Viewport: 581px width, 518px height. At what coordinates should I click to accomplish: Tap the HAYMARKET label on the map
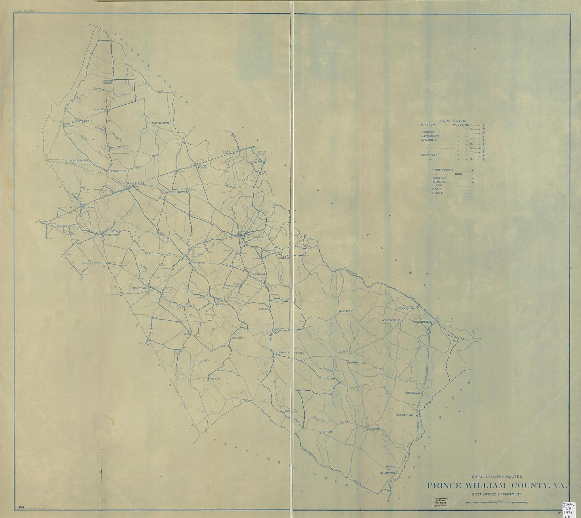click(x=117, y=171)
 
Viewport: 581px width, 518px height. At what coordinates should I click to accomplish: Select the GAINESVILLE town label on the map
click(x=135, y=184)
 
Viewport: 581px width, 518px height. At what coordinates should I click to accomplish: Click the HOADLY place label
click(x=347, y=311)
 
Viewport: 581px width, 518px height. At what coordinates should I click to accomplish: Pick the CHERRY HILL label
click(x=406, y=416)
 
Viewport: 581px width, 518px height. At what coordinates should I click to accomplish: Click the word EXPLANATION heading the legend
click(x=453, y=121)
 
